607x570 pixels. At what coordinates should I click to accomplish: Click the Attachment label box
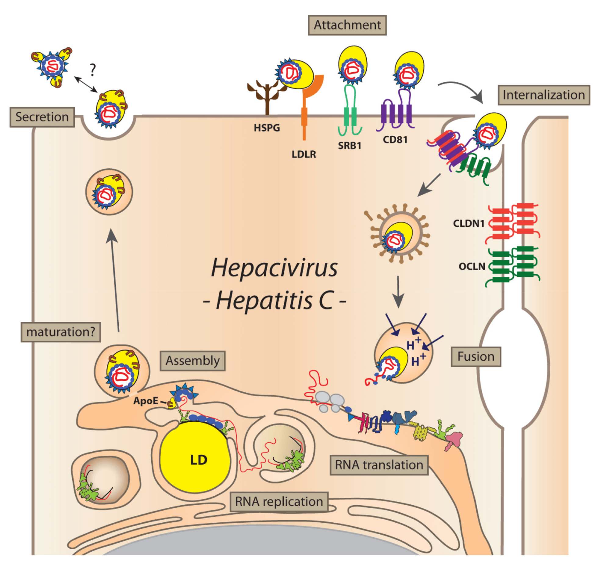(347, 25)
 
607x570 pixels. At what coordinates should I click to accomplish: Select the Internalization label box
(544, 95)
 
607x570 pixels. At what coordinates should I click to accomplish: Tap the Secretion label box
(42, 117)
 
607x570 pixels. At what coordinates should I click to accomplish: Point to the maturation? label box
(60, 332)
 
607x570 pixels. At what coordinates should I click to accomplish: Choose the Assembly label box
(192, 361)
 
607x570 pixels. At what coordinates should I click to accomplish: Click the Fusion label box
(476, 356)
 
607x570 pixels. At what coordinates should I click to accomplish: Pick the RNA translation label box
(379, 465)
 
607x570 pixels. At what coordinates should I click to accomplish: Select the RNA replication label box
(279, 502)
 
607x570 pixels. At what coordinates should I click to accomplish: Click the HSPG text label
(267, 128)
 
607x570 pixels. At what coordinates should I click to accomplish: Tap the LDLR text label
(303, 154)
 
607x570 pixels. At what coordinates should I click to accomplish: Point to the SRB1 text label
(349, 146)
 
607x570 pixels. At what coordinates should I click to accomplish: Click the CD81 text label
(395, 139)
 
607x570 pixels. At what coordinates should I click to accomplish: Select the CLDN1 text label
(469, 224)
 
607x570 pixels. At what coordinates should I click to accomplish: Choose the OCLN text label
(472, 267)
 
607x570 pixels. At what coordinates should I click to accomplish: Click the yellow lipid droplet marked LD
(196, 458)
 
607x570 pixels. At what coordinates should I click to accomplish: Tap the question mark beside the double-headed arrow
(93, 70)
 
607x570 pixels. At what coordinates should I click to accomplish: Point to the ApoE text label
(145, 400)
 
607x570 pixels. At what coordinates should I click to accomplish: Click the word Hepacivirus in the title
(274, 268)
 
